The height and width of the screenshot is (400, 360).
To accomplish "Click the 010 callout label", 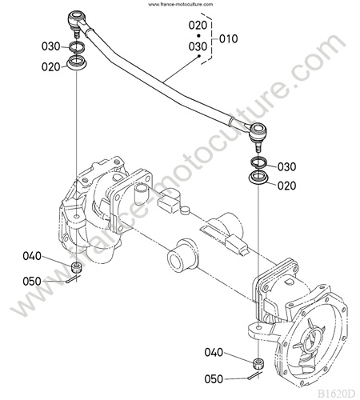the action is click(229, 39).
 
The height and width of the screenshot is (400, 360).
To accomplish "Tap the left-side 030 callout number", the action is click(51, 46).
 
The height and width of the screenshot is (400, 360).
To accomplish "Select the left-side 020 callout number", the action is click(51, 67).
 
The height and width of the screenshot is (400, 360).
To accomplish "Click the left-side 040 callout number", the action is click(32, 256).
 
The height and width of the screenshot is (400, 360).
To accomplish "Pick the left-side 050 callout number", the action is click(32, 282).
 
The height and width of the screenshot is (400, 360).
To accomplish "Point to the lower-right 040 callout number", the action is click(214, 353).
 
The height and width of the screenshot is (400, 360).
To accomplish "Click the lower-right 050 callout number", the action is click(214, 379).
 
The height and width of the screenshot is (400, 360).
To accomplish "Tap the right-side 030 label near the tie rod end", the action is click(287, 167).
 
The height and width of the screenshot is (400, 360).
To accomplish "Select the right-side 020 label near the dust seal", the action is click(287, 186).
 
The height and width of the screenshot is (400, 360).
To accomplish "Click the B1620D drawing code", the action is click(336, 394).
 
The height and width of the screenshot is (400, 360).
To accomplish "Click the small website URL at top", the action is click(181, 4).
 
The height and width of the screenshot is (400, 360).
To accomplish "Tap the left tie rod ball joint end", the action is click(77, 22).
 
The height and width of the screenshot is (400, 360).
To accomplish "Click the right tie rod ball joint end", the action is click(258, 134).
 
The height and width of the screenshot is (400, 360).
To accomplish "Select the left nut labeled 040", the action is click(77, 267).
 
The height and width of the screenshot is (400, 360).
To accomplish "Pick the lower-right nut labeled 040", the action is click(258, 364).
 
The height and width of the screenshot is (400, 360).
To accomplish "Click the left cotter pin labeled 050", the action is click(73, 279).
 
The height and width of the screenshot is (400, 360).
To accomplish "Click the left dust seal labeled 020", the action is click(77, 63).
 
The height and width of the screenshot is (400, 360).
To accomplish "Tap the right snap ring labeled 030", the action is click(258, 162).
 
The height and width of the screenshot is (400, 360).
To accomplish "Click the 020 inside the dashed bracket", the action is click(198, 26).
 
